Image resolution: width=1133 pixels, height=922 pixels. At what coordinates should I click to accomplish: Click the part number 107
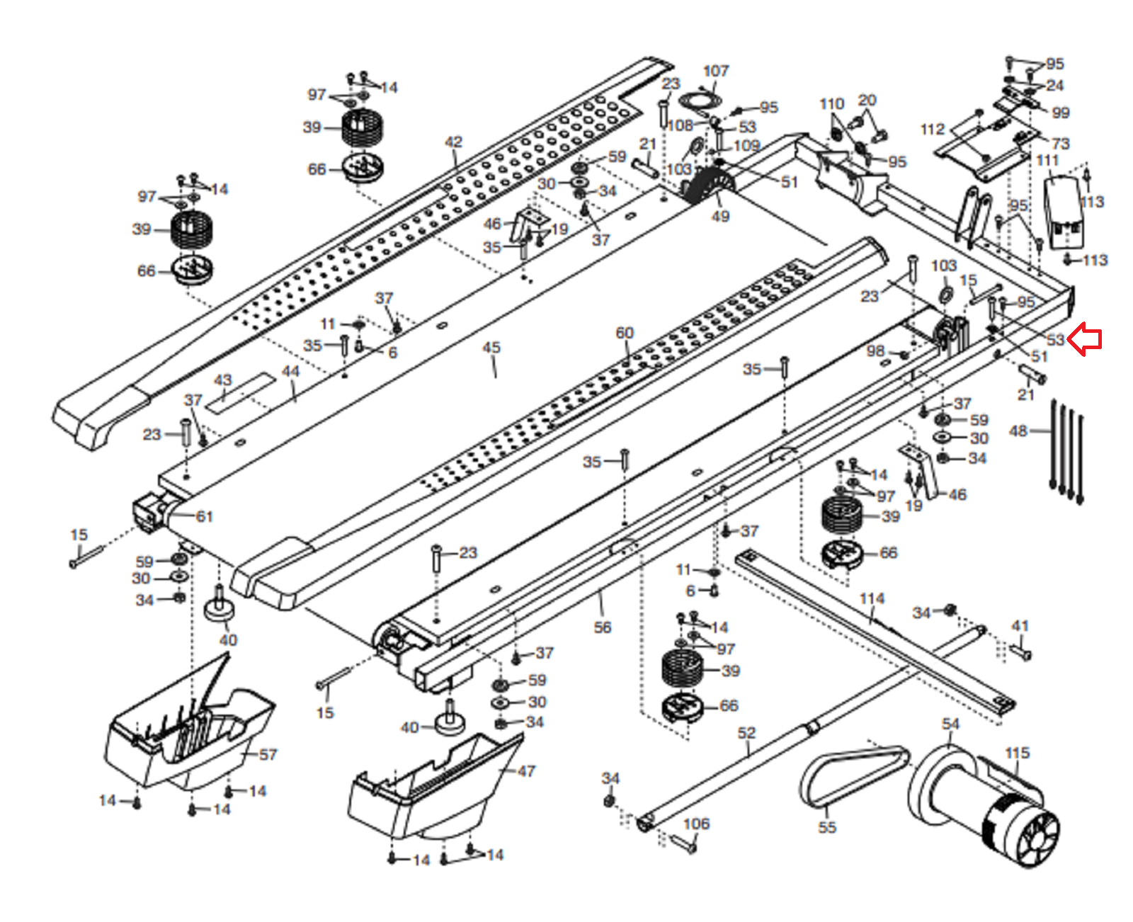tap(715, 71)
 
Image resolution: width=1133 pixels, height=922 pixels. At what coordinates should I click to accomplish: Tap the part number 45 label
tap(491, 348)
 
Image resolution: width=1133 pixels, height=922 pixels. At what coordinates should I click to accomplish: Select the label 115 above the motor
tap(1017, 753)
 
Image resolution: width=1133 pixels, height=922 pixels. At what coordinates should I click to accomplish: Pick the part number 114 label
tap(872, 598)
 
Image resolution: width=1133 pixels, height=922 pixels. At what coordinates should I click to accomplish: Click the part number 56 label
tap(602, 627)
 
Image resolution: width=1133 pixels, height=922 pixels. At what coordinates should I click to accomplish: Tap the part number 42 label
tap(453, 142)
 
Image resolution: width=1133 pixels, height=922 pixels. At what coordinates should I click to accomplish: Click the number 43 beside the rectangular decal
tap(223, 380)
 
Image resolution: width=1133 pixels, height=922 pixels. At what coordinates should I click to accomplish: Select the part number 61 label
tap(204, 516)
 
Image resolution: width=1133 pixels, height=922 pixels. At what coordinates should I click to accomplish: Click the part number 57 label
tap(268, 754)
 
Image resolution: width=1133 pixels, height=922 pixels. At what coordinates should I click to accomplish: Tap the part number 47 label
tap(526, 771)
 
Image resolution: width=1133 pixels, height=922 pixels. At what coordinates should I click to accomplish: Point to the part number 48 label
tap(1018, 431)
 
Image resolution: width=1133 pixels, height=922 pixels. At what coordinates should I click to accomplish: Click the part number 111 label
tap(1047, 160)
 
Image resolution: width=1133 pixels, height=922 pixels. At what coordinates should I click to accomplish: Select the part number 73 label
tap(1060, 144)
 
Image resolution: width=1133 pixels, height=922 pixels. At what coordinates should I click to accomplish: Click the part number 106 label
tap(696, 824)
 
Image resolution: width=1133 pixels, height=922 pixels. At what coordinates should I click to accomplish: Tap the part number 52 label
tap(746, 733)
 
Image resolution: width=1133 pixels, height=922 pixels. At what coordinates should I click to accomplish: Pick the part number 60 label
tap(625, 333)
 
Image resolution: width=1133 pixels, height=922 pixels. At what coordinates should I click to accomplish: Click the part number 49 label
tap(720, 217)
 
